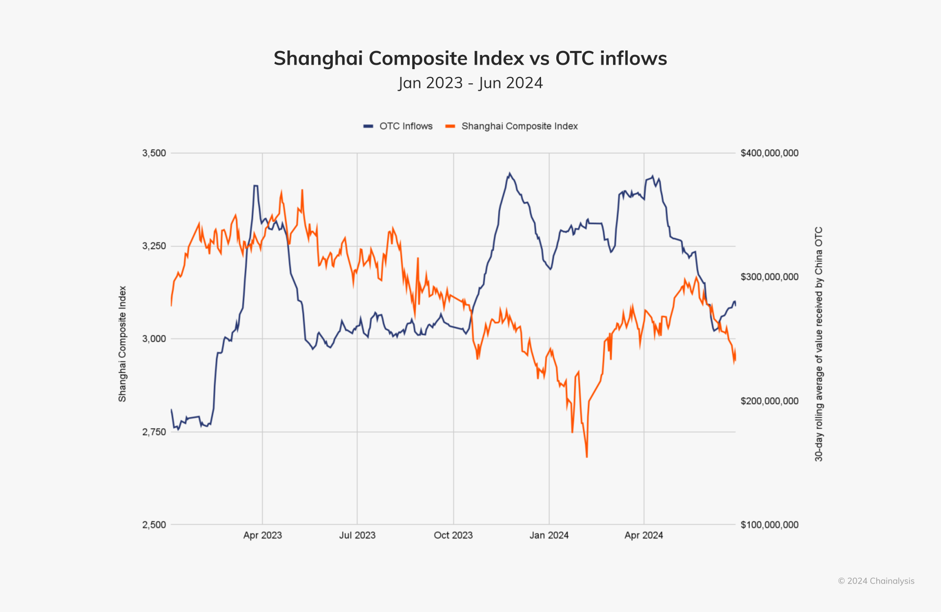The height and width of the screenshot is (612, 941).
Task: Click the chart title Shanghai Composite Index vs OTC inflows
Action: tap(470, 58)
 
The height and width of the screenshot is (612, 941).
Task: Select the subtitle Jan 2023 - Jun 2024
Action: tap(470, 83)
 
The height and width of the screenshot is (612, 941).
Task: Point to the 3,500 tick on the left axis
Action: tap(154, 153)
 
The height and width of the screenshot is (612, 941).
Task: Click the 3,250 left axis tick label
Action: tap(154, 246)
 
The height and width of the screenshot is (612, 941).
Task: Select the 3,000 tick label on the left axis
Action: tap(154, 339)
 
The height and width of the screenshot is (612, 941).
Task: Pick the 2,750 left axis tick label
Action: tap(154, 432)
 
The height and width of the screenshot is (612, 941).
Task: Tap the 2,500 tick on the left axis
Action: tap(154, 525)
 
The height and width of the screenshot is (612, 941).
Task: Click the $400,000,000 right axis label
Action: tap(769, 153)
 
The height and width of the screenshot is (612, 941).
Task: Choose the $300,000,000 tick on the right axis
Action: tap(769, 277)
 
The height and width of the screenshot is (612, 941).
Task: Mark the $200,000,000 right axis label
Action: tap(769, 401)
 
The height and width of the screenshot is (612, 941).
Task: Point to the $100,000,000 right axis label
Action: tap(769, 525)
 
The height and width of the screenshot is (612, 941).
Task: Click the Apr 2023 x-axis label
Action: tap(262, 535)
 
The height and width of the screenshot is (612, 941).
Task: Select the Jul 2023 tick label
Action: tap(357, 535)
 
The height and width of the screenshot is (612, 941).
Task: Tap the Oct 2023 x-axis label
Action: tap(453, 535)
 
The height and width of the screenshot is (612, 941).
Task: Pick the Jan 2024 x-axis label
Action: tap(549, 535)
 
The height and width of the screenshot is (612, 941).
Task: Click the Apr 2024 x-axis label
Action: tap(644, 535)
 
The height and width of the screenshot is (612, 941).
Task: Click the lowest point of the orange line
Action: tap(587, 457)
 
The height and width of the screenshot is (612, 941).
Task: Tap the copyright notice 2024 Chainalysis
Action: tap(876, 581)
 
